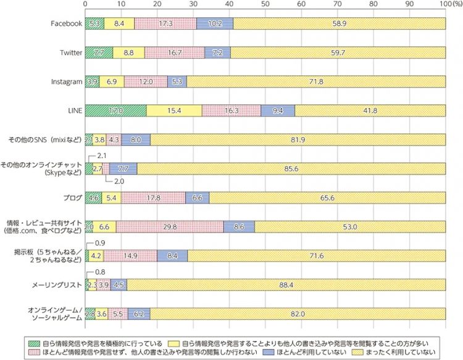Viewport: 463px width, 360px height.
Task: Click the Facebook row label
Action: point(65,23)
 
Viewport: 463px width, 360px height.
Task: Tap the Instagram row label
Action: point(67,82)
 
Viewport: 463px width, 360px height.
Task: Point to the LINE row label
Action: point(74,110)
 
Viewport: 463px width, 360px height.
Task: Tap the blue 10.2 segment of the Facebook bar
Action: point(215,23)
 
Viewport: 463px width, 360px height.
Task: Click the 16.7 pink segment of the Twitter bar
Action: point(175,52)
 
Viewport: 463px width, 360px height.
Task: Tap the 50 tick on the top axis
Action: point(265,4)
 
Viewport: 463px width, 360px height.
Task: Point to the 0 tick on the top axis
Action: point(85,4)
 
